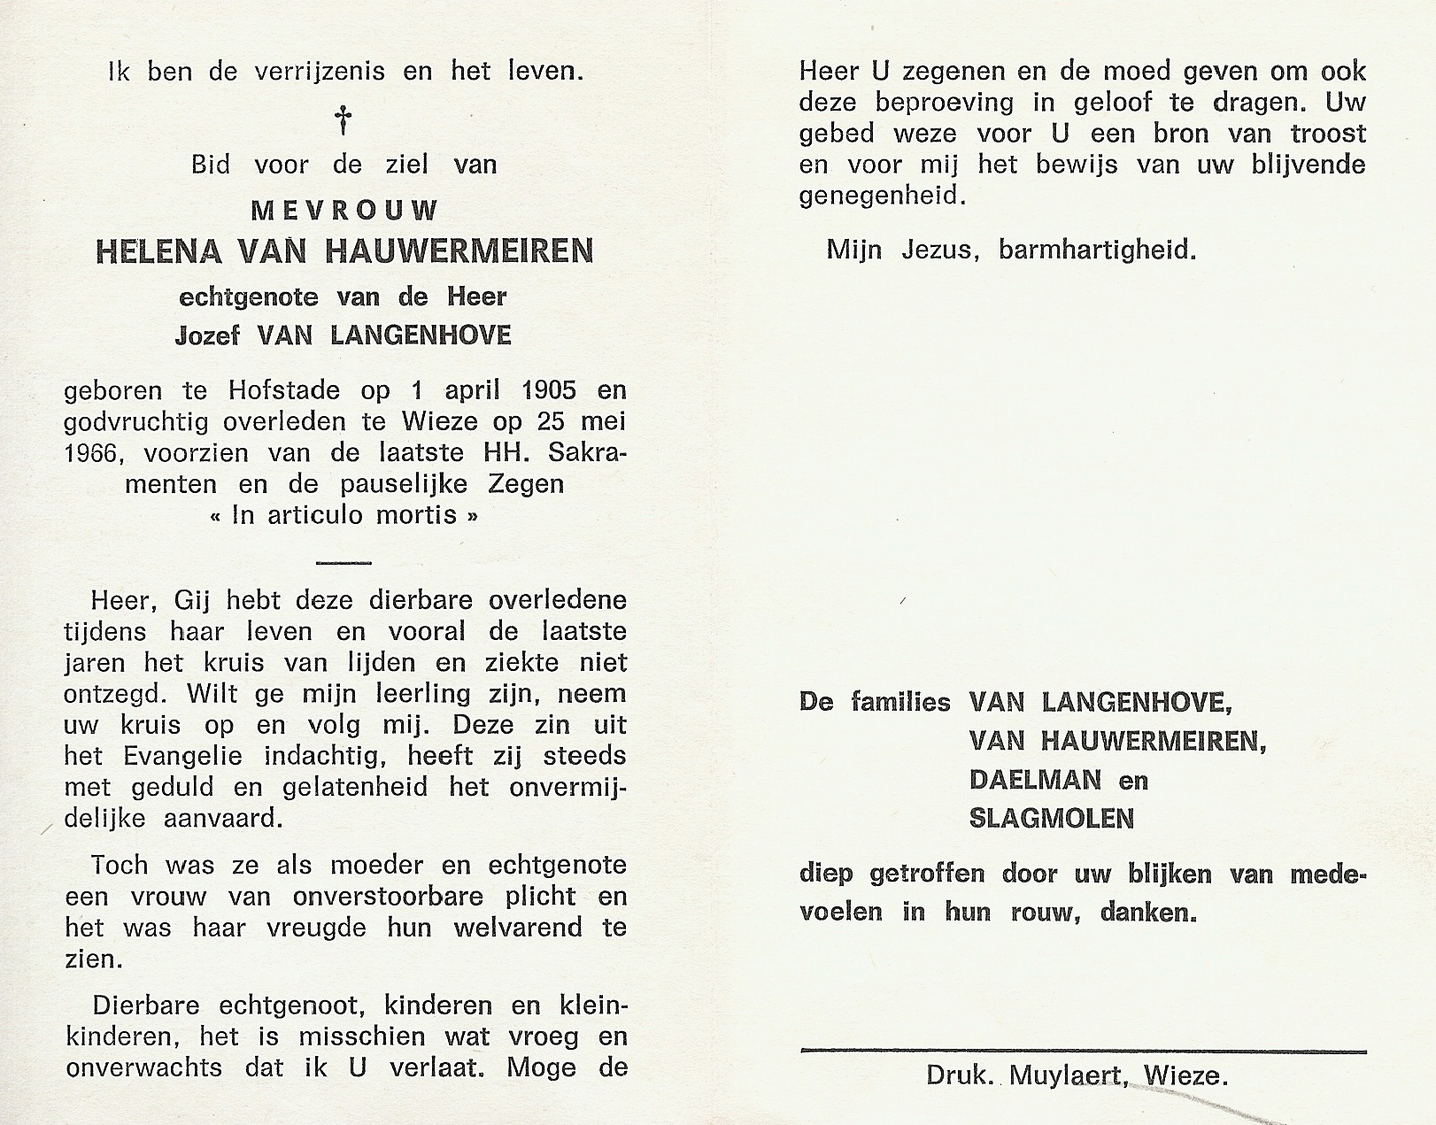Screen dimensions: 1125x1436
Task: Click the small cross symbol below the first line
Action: (344, 119)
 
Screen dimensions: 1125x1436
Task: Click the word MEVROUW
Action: (344, 211)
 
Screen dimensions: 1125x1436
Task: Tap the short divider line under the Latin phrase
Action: (344, 563)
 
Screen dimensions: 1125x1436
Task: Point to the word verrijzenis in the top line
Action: (320, 72)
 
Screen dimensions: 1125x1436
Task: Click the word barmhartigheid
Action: (1097, 250)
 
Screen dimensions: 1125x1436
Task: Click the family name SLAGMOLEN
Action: (1051, 819)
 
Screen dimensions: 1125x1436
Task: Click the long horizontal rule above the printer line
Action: (1083, 1051)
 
